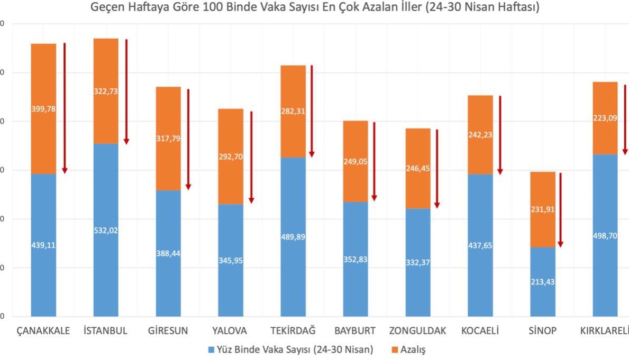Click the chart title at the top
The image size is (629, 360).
[315, 8]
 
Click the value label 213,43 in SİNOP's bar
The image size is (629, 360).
[543, 281]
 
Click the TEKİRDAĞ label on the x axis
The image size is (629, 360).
[293, 331]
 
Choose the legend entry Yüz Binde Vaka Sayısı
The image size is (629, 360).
[291, 349]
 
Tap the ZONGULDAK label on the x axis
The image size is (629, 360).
[417, 331]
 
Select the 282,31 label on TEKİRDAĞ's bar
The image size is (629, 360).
[293, 111]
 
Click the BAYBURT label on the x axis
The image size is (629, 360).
[355, 331]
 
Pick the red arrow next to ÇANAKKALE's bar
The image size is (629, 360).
[65, 108]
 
